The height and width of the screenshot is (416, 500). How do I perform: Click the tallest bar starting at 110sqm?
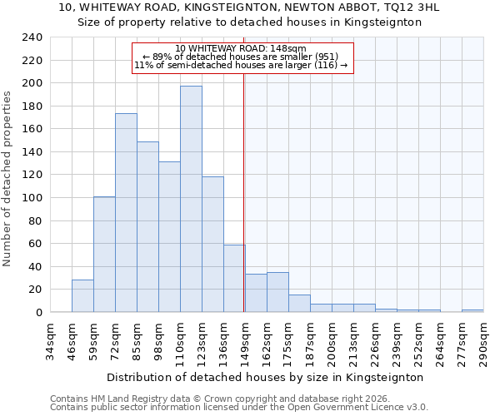click(191, 199)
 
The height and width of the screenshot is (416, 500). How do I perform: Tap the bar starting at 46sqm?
click(82, 296)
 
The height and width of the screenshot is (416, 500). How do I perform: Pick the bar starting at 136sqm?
click(234, 279)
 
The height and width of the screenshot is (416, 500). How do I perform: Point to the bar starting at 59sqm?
click(104, 255)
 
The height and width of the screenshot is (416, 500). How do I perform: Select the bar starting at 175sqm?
click(299, 304)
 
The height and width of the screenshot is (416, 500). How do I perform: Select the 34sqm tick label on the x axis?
click(51, 341)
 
